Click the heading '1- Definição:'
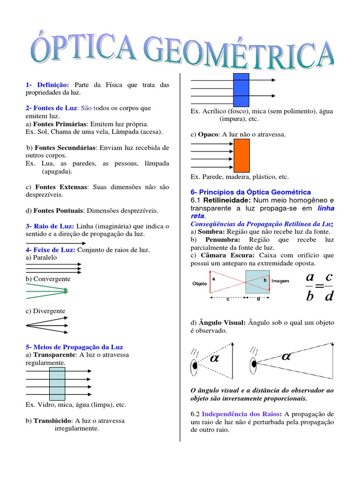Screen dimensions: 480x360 [48, 85]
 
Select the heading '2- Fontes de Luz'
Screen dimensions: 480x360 [51, 108]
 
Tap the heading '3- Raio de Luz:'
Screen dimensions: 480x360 [50, 226]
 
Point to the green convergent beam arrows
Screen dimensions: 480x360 [47, 292]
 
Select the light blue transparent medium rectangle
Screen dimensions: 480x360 [57, 383]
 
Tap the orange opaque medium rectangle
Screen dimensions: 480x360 [241, 155]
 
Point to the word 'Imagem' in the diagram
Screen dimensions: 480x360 [280, 281]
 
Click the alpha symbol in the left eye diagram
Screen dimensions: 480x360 [215, 359]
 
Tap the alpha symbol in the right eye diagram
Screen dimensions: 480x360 [286, 356]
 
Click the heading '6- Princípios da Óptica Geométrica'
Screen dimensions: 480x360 [251, 192]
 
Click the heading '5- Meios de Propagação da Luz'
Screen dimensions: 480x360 [74, 347]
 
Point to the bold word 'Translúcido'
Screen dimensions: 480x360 [52, 420]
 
